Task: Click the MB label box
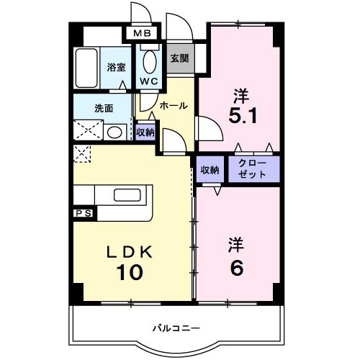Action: pyautogui.click(x=140, y=33)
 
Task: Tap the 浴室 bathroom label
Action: pyautogui.click(x=117, y=67)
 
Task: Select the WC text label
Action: pyautogui.click(x=150, y=81)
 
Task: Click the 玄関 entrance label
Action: pyautogui.click(x=180, y=59)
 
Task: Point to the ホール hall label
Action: pyautogui.click(x=174, y=105)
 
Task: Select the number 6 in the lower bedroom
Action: pyautogui.click(x=236, y=266)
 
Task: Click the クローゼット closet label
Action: pyautogui.click(x=253, y=169)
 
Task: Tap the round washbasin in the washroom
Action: pyautogui.click(x=114, y=132)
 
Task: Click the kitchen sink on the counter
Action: pyautogui.click(x=127, y=195)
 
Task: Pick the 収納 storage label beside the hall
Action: pyautogui.click(x=145, y=132)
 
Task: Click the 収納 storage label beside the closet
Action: pyautogui.click(x=210, y=169)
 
